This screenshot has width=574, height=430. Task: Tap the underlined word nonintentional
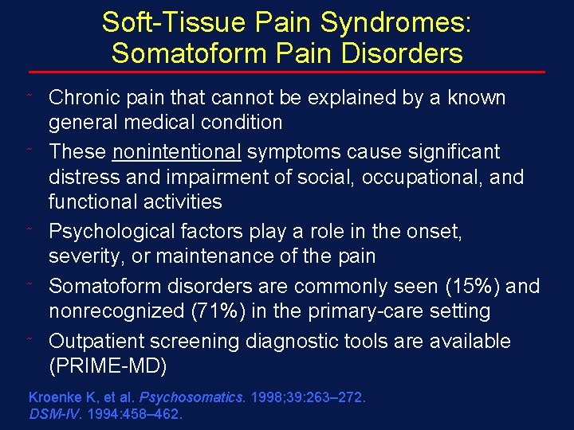click(177, 151)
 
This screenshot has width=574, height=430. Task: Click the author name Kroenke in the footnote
click(54, 397)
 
